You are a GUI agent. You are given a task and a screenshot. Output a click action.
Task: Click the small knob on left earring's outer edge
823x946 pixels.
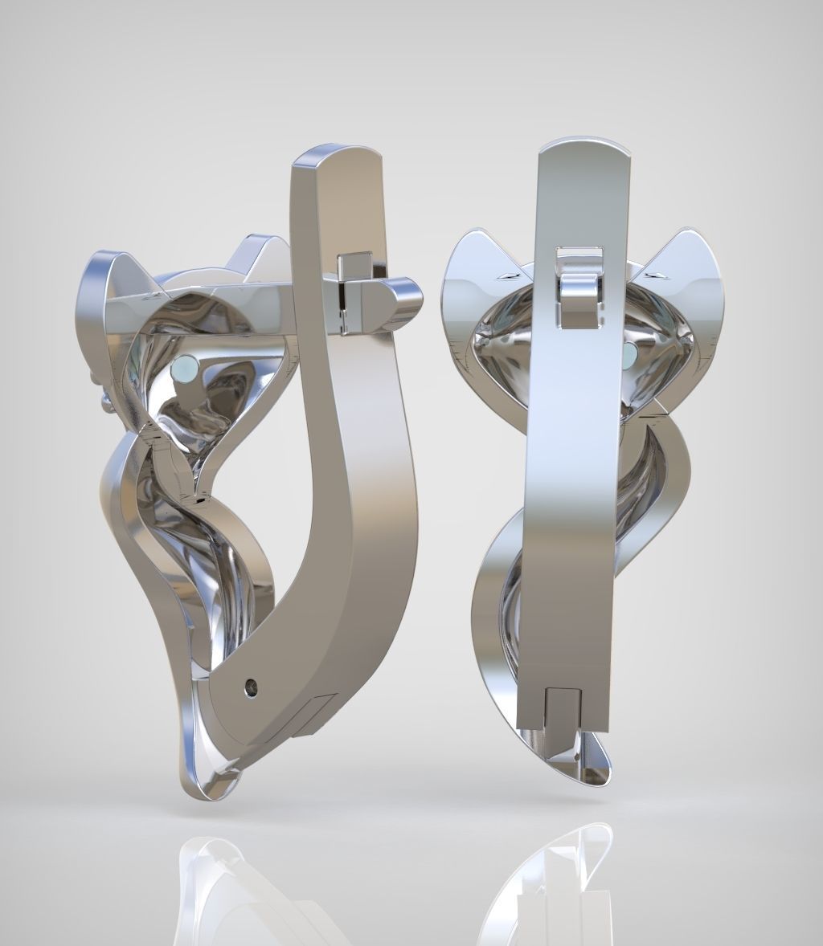(x=106, y=399)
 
